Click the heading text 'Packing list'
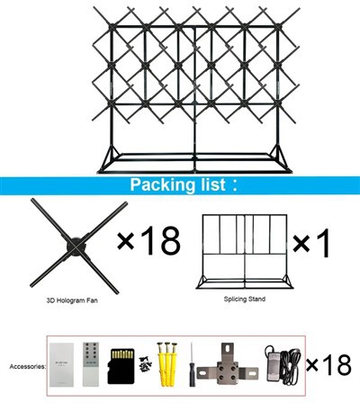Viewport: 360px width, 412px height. coord(175,186)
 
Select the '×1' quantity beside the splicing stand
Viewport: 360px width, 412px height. coord(312,244)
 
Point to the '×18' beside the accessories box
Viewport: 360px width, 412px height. coord(328,364)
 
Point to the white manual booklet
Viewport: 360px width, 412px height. coord(62,363)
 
